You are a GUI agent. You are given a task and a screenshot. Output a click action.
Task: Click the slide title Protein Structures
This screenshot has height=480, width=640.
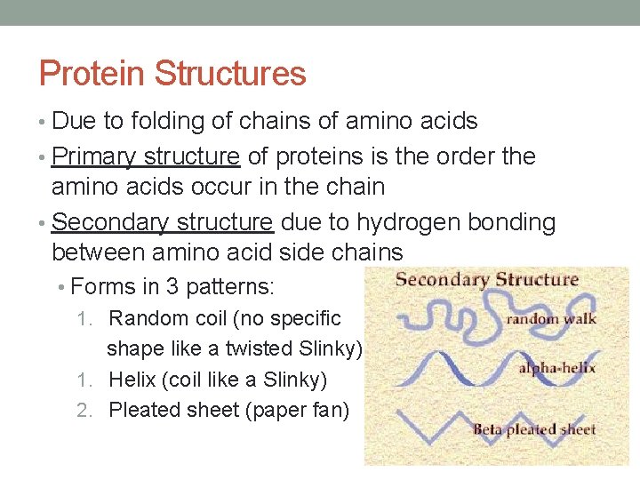click(x=172, y=74)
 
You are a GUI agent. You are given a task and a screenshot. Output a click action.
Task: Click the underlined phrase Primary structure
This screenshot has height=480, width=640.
click(x=146, y=156)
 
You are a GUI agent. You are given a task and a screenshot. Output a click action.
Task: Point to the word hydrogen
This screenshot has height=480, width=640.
click(x=415, y=222)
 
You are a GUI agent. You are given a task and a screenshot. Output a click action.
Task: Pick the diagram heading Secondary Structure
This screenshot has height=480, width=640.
click(x=486, y=280)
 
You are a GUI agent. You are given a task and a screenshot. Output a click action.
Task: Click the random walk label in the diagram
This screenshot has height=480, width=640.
click(x=552, y=318)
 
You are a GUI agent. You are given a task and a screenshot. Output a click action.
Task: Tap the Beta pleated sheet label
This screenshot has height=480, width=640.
click(x=534, y=429)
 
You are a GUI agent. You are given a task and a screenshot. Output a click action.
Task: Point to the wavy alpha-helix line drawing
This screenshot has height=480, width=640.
click(x=444, y=368)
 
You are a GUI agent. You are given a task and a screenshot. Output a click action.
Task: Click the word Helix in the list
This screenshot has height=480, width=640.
click(x=132, y=380)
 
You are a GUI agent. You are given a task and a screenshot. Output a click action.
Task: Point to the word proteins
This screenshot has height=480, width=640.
click(x=321, y=156)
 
